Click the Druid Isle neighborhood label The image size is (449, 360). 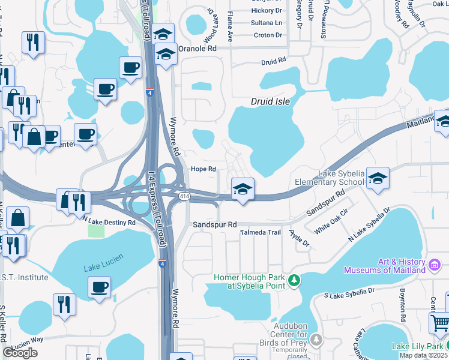pos(270,101)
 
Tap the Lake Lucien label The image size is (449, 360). pos(103,262)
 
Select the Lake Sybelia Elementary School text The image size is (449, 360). pos(333,178)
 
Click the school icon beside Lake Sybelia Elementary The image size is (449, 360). pos(378,178)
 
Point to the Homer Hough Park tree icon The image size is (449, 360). pos(294,280)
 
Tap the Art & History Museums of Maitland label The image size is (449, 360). pos(385,266)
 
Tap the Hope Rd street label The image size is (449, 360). pos(203,169)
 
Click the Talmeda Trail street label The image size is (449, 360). pos(260,232)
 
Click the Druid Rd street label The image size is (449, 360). pos(273,62)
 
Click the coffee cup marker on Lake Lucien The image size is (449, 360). pos(99,287)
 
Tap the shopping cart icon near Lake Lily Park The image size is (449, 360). pos(440,323)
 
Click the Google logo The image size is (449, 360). pos(20,352)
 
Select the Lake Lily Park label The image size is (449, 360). pos(418,346)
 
